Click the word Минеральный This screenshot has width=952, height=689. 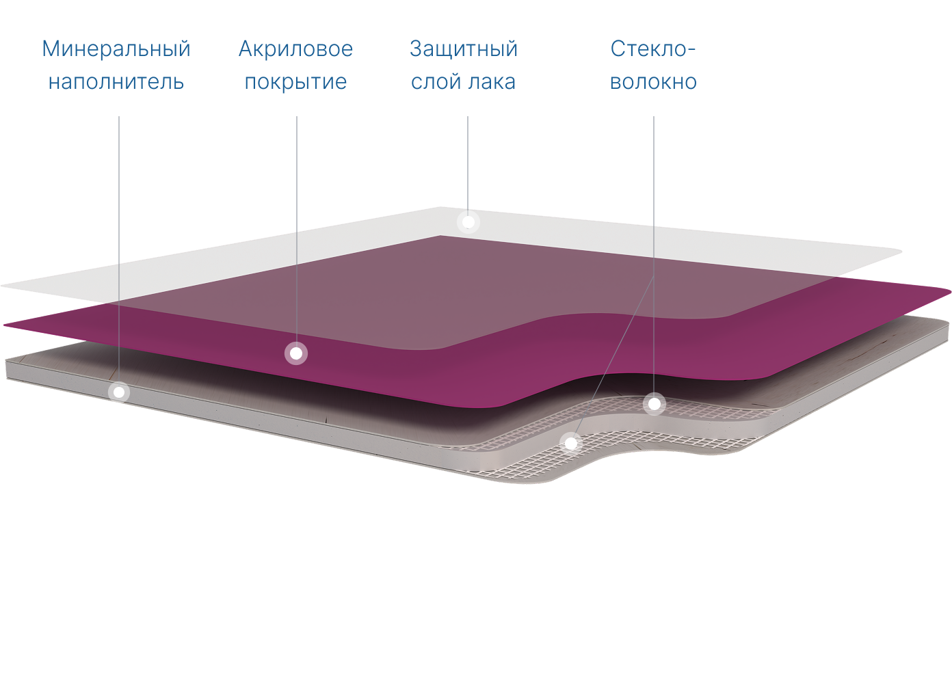tap(116, 49)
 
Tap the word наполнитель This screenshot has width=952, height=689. tap(116, 82)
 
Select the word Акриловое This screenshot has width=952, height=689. tap(295, 49)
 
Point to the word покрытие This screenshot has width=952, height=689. tap(295, 82)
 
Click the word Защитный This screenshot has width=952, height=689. tap(463, 49)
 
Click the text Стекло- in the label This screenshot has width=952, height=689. tap(652, 49)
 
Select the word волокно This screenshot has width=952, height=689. tap(652, 82)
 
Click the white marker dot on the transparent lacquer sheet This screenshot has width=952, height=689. tap(468, 222)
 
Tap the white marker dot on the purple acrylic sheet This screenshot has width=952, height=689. tap(296, 353)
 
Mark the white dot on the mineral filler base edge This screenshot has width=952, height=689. tap(119, 392)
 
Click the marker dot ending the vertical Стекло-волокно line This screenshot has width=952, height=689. tap(654, 404)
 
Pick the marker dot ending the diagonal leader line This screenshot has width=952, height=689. tap(570, 443)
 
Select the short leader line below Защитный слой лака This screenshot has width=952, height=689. tap(468, 164)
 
